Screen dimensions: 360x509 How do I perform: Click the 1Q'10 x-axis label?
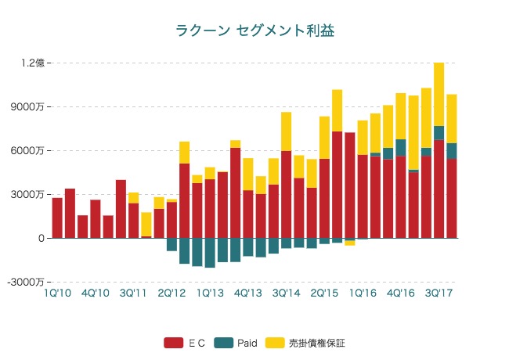point(57,293)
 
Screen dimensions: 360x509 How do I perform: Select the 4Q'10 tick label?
point(95,293)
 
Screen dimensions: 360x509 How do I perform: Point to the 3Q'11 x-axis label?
point(133,293)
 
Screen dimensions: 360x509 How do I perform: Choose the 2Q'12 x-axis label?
point(171,293)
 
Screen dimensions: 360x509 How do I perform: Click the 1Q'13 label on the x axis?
point(210,293)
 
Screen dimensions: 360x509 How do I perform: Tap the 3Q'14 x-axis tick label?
point(287,293)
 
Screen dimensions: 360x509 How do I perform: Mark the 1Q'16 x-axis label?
point(363,293)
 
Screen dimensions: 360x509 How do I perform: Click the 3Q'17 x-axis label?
point(439,293)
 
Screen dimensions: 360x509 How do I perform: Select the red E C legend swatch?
point(173,343)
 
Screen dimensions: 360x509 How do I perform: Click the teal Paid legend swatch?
point(224,343)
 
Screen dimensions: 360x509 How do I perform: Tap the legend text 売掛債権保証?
point(317,343)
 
